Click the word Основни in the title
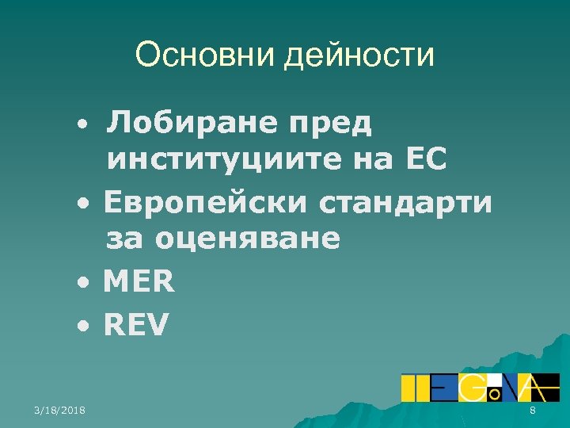click(x=202, y=55)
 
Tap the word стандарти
click(x=406, y=203)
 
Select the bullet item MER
click(x=139, y=282)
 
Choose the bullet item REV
click(x=136, y=324)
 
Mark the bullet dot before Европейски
click(x=83, y=204)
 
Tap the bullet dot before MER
click(x=83, y=284)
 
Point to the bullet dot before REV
click(x=83, y=326)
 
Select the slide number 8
click(x=533, y=410)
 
